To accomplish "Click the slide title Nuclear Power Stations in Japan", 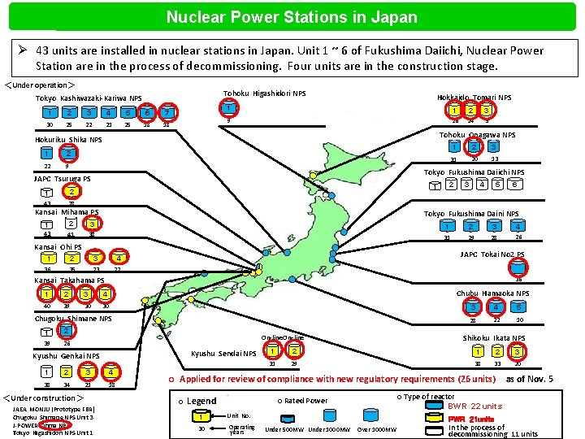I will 292,16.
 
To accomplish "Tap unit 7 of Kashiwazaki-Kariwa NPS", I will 167,111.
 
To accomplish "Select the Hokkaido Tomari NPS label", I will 474,97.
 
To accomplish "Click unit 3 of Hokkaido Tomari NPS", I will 486,110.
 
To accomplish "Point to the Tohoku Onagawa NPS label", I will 477,135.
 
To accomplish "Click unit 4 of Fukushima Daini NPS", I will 517,225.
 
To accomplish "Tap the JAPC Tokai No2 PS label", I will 492,254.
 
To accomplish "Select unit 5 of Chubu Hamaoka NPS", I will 518,307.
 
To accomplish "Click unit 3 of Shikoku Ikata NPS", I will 516,351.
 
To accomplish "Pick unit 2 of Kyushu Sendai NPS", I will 294,351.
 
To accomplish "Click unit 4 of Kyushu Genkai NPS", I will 110,372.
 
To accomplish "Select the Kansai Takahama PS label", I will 69,280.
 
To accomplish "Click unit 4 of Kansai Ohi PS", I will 119,259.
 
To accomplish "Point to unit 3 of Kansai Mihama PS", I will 93,223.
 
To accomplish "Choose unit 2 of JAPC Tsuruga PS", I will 71,191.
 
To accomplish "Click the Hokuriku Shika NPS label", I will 68,140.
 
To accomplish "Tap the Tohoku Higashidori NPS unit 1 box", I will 230,108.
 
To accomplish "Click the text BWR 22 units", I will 475,406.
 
